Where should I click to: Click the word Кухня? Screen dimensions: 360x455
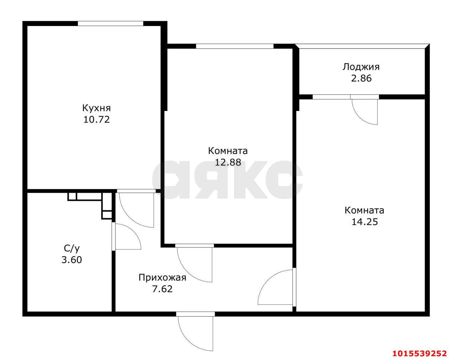tap(96, 108)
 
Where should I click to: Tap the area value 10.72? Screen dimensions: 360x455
tap(96, 119)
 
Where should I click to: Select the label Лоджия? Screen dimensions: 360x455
tap(361, 67)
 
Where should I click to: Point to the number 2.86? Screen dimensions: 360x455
tap(361, 78)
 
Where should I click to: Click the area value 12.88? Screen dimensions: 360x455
tap(228, 162)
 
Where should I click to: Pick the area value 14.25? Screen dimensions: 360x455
tap(364, 222)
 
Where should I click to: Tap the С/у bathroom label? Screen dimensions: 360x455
tap(71, 248)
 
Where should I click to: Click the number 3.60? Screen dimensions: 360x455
tap(71, 260)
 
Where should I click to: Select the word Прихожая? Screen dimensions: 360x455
tap(162, 278)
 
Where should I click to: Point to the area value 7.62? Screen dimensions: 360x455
tap(162, 289)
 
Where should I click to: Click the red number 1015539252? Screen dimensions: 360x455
tap(419, 353)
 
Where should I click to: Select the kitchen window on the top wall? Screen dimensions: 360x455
tap(110, 23)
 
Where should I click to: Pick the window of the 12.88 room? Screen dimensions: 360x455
tap(235, 46)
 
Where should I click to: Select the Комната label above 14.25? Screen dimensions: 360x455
tap(364, 210)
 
